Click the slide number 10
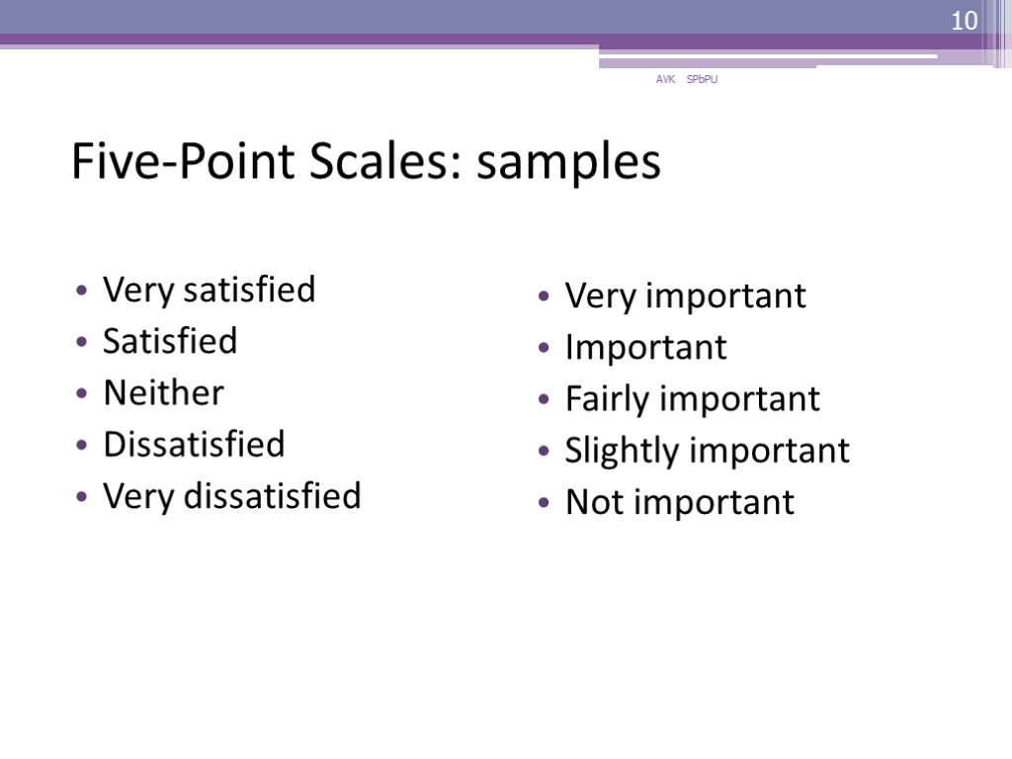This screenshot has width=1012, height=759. pos(963,21)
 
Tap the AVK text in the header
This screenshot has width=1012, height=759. pos(665,80)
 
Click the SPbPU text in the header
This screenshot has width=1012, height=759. pos(703,80)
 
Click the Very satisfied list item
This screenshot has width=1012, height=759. pos(209,291)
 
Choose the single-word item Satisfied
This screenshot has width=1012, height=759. pos(170,342)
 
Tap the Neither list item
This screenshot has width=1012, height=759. pos(163,393)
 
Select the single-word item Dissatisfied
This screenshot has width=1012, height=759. pos(194,445)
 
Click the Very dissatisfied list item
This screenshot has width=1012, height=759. pos(232,496)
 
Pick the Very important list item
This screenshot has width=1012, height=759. pos(685,296)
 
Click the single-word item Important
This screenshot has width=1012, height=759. pos(645,348)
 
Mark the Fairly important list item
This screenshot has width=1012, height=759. pos(692,399)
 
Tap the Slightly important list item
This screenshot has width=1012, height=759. pos(707,451)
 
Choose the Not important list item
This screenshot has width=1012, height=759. pos(679,502)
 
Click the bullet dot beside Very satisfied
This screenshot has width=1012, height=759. pos(81,293)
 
